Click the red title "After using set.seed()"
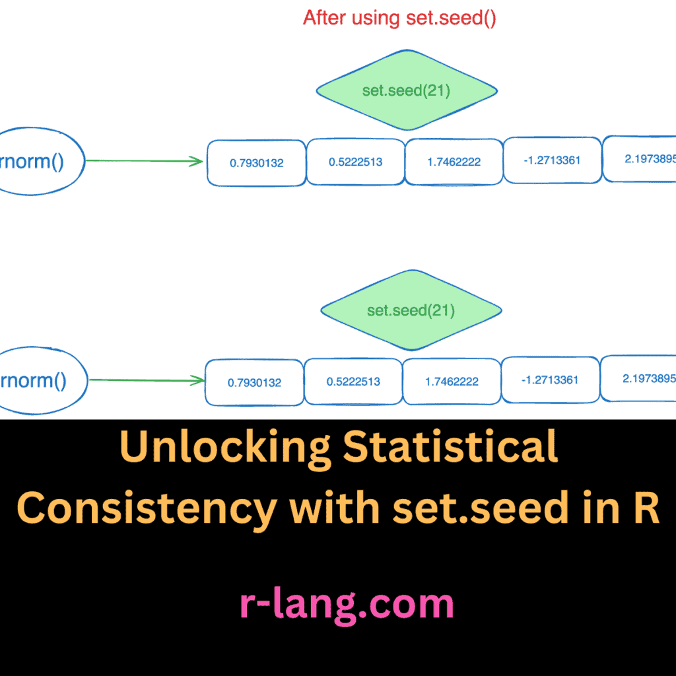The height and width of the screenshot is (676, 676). click(399, 18)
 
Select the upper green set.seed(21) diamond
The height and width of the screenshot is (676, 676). click(407, 90)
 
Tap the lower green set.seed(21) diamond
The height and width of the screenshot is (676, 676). click(411, 310)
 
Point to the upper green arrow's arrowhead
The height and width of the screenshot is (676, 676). click(197, 162)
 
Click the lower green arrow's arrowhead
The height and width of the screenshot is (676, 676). click(199, 380)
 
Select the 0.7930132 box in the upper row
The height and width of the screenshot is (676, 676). click(257, 163)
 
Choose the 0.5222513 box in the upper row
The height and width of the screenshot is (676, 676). click(356, 162)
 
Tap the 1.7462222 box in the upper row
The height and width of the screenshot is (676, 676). click(454, 162)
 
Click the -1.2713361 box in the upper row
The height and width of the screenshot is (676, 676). click(553, 160)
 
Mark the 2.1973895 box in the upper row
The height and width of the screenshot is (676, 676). click(639, 158)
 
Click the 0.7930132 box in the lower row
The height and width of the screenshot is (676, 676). click(254, 382)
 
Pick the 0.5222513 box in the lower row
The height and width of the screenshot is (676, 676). click(354, 381)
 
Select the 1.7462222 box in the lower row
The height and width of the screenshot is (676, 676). click(452, 381)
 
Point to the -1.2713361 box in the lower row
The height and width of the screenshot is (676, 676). click(550, 380)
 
